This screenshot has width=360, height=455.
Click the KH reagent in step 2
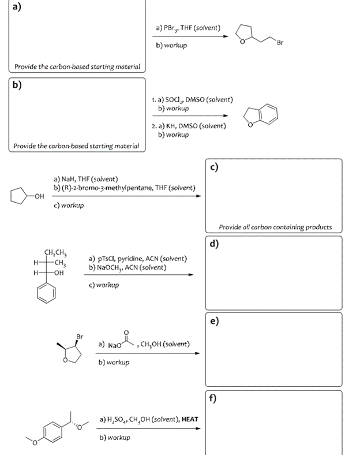coord(172,125)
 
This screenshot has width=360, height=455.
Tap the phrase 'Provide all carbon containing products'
coord(275,226)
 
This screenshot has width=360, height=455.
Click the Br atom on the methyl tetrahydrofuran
coord(79,336)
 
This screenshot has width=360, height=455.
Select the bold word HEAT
coord(190,420)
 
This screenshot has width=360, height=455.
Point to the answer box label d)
coord(214,243)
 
